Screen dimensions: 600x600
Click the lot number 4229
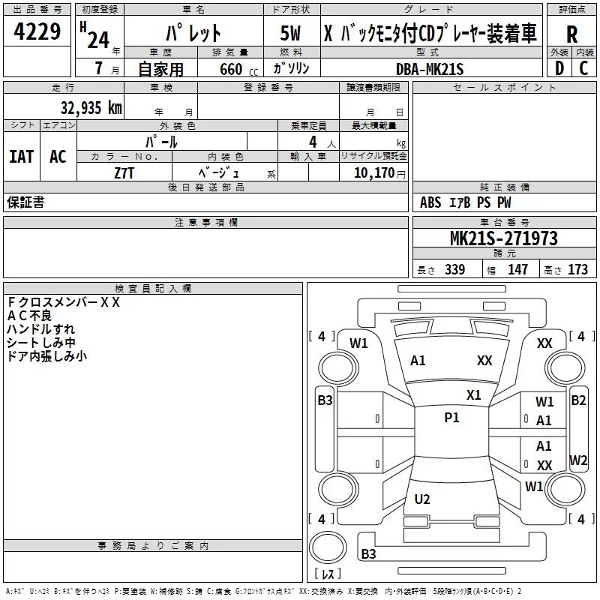pos(37,31)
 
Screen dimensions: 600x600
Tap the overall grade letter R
pos(571,34)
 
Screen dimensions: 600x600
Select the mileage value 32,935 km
pos(91,107)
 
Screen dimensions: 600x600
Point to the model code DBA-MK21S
pos(430,69)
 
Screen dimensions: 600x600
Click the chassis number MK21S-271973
pos(504,238)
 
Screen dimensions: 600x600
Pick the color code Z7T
pos(124,173)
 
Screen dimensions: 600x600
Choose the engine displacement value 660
pos(231,69)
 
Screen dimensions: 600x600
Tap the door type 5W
pos(290,33)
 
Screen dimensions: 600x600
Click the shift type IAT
pos(21,157)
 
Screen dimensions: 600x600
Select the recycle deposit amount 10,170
pos(373,173)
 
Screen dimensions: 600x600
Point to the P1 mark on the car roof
pos(451,418)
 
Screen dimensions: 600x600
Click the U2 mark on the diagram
pos(422,499)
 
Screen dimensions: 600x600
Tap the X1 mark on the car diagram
pos(473,395)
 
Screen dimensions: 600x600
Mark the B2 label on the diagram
pos(578,400)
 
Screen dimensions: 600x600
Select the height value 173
pos(577,269)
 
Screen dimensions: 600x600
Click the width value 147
pos(517,269)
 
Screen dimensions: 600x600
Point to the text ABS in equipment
pos(430,202)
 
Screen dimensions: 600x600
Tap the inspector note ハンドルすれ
pos(40,329)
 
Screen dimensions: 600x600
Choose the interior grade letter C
pos(583,68)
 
